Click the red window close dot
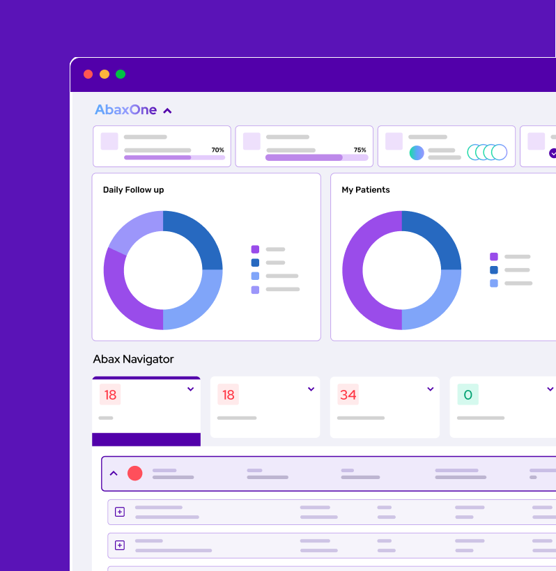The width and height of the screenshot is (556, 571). pyautogui.click(x=88, y=75)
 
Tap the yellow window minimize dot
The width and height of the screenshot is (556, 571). pyautogui.click(x=105, y=75)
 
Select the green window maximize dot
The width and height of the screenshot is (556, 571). pyautogui.click(x=121, y=75)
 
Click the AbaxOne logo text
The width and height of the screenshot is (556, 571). pyautogui.click(x=126, y=110)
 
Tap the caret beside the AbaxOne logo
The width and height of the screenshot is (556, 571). pyautogui.click(x=167, y=111)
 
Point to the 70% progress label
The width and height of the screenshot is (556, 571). pyautogui.click(x=217, y=150)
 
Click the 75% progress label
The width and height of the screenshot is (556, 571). pyautogui.click(x=360, y=150)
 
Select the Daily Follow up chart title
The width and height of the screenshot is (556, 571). pyautogui.click(x=133, y=189)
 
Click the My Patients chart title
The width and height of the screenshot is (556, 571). pyautogui.click(x=366, y=189)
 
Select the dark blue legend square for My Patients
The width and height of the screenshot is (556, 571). pyautogui.click(x=494, y=269)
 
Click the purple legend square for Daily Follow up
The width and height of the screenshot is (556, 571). pyautogui.click(x=255, y=249)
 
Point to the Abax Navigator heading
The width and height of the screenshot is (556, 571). pyautogui.click(x=133, y=359)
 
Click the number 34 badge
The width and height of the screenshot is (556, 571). pyautogui.click(x=348, y=395)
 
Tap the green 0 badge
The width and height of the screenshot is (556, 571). pyautogui.click(x=468, y=395)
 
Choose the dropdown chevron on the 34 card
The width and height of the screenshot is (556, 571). pyautogui.click(x=431, y=389)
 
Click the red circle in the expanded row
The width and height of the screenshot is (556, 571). pyautogui.click(x=135, y=474)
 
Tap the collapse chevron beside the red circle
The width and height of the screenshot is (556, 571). pyautogui.click(x=114, y=474)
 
